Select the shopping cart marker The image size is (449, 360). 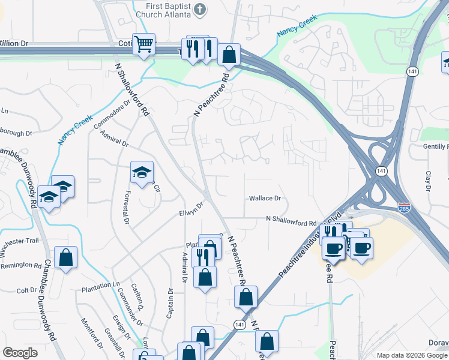[144, 44]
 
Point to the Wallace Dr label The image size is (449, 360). [265, 198]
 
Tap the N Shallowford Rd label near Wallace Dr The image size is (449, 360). [291, 223]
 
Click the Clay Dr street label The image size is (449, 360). [428, 178]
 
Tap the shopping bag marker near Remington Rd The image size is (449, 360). [66, 258]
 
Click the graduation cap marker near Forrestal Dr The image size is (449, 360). [142, 173]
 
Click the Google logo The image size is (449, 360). [20, 352]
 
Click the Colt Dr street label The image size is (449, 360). [27, 290]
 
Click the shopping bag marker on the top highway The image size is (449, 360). [229, 55]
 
